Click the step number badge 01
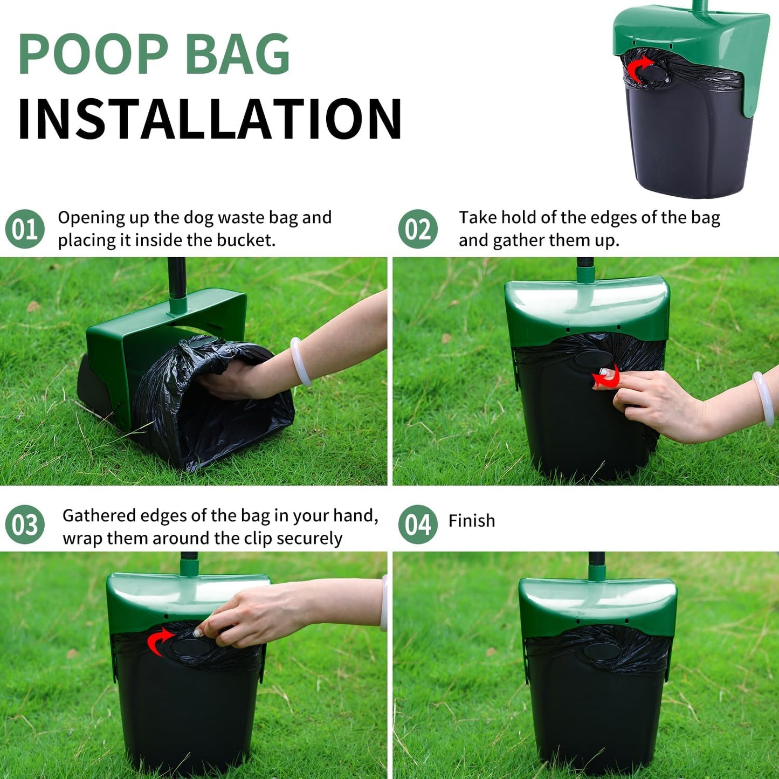[25, 229]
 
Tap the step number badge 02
[418, 229]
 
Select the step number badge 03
[25, 525]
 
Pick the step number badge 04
[418, 525]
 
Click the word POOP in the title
[94, 54]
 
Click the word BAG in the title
[238, 54]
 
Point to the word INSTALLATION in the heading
[210, 119]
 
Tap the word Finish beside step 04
[472, 521]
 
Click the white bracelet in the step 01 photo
[300, 361]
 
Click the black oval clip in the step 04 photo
[600, 650]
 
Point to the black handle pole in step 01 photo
[176, 280]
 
